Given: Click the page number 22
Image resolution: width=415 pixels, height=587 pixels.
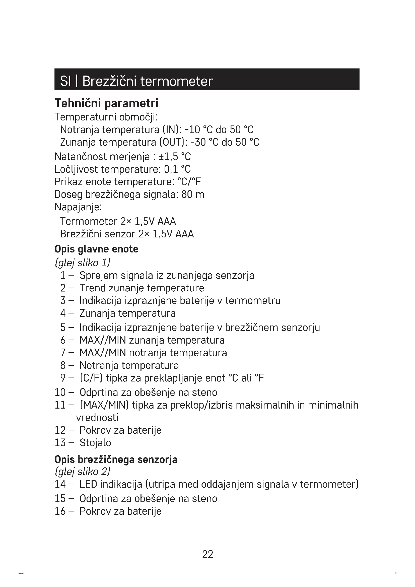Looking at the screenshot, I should pyautogui.click(x=208, y=554).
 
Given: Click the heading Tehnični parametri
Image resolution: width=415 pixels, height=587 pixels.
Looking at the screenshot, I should pyautogui.click(x=107, y=103).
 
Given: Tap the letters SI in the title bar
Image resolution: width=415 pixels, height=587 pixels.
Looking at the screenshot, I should pyautogui.click(x=65, y=81).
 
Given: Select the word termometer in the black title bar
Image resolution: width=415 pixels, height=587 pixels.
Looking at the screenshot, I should pyautogui.click(x=177, y=81).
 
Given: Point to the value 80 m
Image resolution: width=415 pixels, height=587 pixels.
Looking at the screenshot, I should pyautogui.click(x=193, y=194).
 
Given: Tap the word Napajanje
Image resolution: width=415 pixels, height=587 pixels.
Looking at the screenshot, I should pyautogui.click(x=78, y=207).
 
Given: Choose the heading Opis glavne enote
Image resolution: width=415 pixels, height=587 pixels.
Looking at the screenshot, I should pyautogui.click(x=96, y=249).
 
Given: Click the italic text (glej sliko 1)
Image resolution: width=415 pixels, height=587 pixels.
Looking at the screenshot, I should pyautogui.click(x=83, y=263).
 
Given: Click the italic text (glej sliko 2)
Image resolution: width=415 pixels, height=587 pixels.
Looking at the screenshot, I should pyautogui.click(x=83, y=472).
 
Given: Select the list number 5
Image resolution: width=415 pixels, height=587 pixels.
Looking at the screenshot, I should pyautogui.click(x=63, y=328).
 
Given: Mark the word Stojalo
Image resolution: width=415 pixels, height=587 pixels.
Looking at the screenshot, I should pyautogui.click(x=95, y=443).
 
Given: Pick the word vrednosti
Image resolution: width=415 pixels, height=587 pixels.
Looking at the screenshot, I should pyautogui.click(x=97, y=418).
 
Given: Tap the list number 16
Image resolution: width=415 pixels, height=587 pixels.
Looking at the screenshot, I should pyautogui.click(x=60, y=511).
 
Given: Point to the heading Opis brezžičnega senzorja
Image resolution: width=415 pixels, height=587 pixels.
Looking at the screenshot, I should pyautogui.click(x=116, y=460).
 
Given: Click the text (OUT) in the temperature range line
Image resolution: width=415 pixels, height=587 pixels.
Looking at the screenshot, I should pyautogui.click(x=173, y=142).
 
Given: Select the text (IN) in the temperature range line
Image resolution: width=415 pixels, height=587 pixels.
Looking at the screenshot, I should pyautogui.click(x=172, y=129).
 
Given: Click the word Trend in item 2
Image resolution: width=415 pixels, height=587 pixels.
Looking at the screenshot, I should pyautogui.click(x=93, y=288).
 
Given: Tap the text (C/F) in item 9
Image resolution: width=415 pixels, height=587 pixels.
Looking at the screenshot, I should pyautogui.click(x=91, y=378).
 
